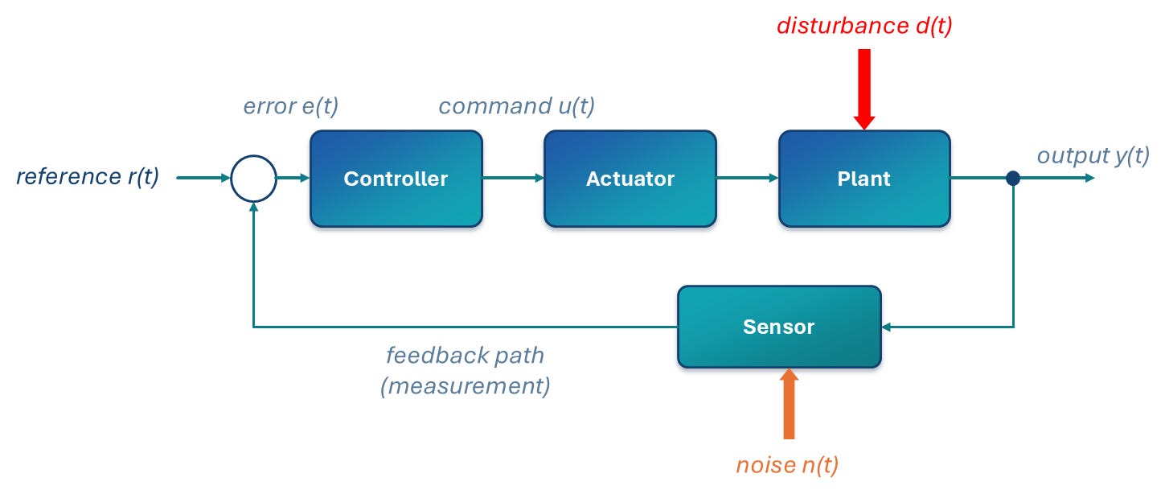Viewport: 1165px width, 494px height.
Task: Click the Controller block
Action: (x=396, y=179)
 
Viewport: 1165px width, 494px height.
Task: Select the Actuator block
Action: (x=630, y=179)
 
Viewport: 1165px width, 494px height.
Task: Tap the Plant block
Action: (x=864, y=179)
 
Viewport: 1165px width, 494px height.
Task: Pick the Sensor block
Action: (x=779, y=327)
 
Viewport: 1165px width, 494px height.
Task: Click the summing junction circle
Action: (x=254, y=156)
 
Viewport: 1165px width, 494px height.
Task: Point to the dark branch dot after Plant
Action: (x=1013, y=179)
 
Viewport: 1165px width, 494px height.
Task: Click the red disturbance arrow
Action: (x=864, y=89)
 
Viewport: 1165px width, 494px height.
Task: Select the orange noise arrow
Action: (x=789, y=404)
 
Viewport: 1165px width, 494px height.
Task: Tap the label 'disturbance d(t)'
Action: (x=864, y=26)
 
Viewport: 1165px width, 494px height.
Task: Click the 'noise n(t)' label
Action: (x=787, y=465)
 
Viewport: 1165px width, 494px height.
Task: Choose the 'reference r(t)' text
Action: (x=88, y=176)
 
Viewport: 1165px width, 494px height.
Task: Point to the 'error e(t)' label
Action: (x=291, y=107)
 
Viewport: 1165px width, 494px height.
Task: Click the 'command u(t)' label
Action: (x=516, y=106)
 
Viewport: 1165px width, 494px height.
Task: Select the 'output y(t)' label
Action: (x=1093, y=155)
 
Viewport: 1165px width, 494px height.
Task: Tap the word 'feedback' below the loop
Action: (x=437, y=356)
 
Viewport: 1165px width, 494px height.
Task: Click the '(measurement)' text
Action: (x=466, y=386)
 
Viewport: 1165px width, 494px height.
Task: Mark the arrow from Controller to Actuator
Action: (x=513, y=178)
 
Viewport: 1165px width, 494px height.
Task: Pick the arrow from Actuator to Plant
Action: (x=748, y=178)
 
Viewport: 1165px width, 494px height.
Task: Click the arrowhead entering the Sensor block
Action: (x=886, y=327)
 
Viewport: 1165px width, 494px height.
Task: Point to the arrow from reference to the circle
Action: (x=203, y=178)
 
